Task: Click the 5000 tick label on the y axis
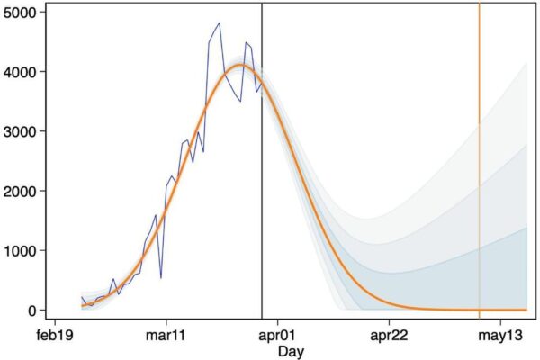pos(19,13)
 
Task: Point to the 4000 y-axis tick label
pos(19,72)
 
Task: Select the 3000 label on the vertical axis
pos(19,131)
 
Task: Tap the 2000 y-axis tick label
pos(19,191)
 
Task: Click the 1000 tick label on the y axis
pos(19,250)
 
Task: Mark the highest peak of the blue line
pos(219,23)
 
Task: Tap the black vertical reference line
pos(262,180)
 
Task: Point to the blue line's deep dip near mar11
pos(161,277)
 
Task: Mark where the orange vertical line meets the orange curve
pos(480,310)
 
